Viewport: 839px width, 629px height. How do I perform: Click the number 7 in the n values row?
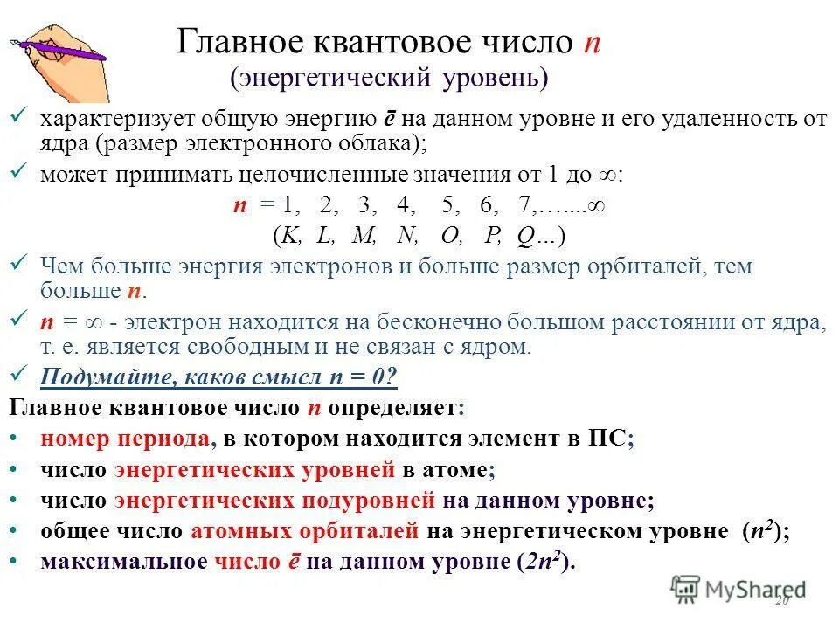coord(524,206)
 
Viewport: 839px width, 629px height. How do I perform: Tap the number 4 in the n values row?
coord(403,206)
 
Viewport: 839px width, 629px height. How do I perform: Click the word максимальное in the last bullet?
coord(124,562)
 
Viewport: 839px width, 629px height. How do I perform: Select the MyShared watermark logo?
coord(738,588)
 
